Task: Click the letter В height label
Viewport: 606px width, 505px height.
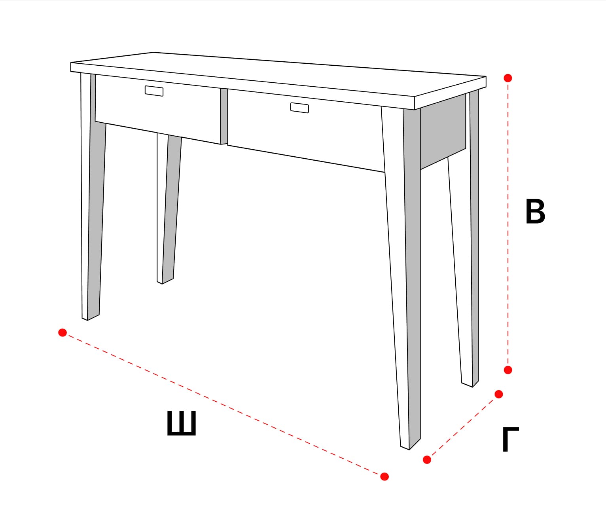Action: (x=535, y=211)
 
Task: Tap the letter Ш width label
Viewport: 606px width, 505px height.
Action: (x=182, y=423)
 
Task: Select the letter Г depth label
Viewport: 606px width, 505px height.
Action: (x=511, y=439)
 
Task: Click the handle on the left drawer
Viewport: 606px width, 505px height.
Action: (x=154, y=91)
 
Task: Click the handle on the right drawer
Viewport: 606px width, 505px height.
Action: (x=299, y=108)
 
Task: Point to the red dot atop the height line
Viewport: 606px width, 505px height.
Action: (x=508, y=78)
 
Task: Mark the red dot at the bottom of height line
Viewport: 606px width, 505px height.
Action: (x=508, y=370)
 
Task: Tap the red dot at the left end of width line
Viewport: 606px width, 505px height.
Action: (x=62, y=332)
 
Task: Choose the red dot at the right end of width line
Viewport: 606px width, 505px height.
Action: (x=384, y=477)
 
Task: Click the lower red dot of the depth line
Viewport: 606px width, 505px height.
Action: (x=427, y=460)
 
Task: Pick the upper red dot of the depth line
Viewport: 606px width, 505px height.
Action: (x=499, y=394)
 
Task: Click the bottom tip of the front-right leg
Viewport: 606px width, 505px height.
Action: (x=409, y=450)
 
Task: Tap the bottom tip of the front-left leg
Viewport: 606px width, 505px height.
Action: (x=87, y=320)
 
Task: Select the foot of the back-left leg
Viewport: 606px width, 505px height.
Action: (x=162, y=283)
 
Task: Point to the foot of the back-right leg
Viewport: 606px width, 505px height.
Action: (x=472, y=387)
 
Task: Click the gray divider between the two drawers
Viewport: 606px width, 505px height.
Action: (x=224, y=116)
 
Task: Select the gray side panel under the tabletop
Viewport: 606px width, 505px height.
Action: (x=443, y=131)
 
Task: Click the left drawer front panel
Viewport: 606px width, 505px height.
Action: (x=158, y=109)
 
